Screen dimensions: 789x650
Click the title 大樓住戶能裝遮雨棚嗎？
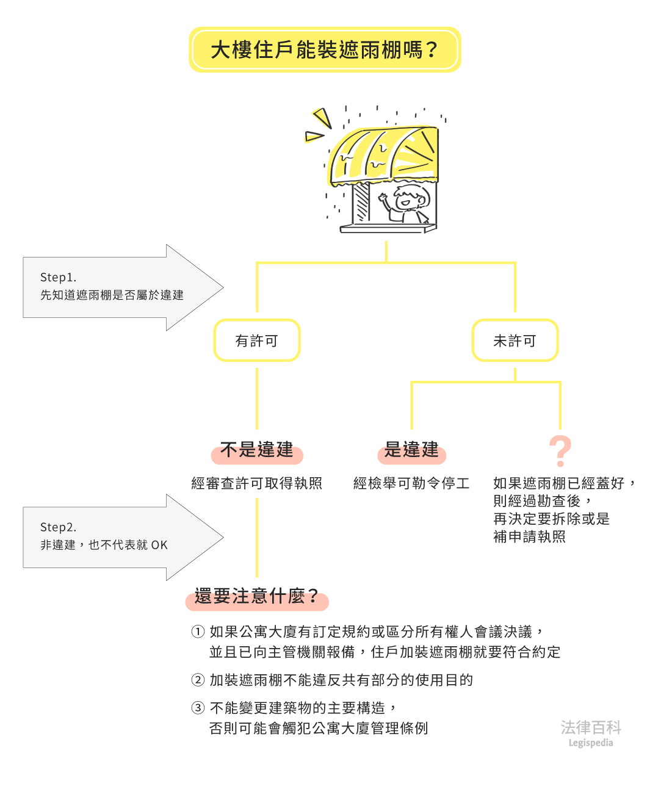[325, 49]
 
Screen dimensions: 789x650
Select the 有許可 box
[257, 340]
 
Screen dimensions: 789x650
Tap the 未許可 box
[515, 340]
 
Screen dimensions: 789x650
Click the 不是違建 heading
[257, 450]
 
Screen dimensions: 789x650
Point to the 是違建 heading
[412, 450]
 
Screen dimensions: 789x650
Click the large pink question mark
[560, 451]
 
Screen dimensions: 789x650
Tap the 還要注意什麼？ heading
[257, 596]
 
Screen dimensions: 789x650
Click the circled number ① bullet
[198, 632]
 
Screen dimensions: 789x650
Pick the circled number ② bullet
[198, 680]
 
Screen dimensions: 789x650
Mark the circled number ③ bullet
[198, 708]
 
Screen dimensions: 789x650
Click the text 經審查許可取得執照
[257, 483]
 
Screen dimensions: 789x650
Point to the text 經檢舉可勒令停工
[412, 483]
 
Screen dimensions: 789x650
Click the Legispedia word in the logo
[590, 743]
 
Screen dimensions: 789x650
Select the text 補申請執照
[530, 536]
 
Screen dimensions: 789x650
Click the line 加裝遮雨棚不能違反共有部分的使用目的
[342, 680]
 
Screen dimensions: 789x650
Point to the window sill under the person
[388, 229]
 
